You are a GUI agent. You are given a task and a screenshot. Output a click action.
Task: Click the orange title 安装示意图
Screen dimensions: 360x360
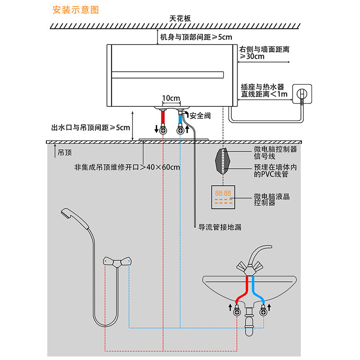click(76, 10)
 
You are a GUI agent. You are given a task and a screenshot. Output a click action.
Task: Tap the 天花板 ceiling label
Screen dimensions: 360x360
click(180, 18)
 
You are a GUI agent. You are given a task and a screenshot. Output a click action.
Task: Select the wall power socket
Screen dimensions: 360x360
click(302, 94)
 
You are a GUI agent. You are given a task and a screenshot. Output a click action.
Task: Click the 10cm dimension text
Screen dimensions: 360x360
click(171, 98)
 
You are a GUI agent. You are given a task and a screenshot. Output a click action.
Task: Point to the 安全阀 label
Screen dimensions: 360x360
click(200, 116)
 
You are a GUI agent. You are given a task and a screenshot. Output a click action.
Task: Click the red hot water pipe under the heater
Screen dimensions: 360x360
click(163, 117)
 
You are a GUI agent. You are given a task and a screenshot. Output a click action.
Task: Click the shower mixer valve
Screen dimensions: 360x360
click(117, 262)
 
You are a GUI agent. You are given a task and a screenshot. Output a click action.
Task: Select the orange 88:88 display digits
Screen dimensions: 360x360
click(223, 193)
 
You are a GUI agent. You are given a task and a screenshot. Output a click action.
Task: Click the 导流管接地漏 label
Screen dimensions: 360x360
click(220, 227)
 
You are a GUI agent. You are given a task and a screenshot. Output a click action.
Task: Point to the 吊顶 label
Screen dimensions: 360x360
click(65, 153)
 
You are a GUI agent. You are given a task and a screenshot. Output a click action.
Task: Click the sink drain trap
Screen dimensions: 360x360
click(249, 321)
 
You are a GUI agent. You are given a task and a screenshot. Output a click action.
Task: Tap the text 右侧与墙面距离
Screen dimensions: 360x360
click(264, 49)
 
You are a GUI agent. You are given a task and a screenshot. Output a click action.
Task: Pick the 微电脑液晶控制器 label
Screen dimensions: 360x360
click(272, 199)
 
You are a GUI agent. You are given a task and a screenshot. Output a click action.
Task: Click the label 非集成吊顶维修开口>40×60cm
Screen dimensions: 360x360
click(127, 167)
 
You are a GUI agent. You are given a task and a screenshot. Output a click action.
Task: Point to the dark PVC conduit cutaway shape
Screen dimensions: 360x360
click(222, 161)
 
